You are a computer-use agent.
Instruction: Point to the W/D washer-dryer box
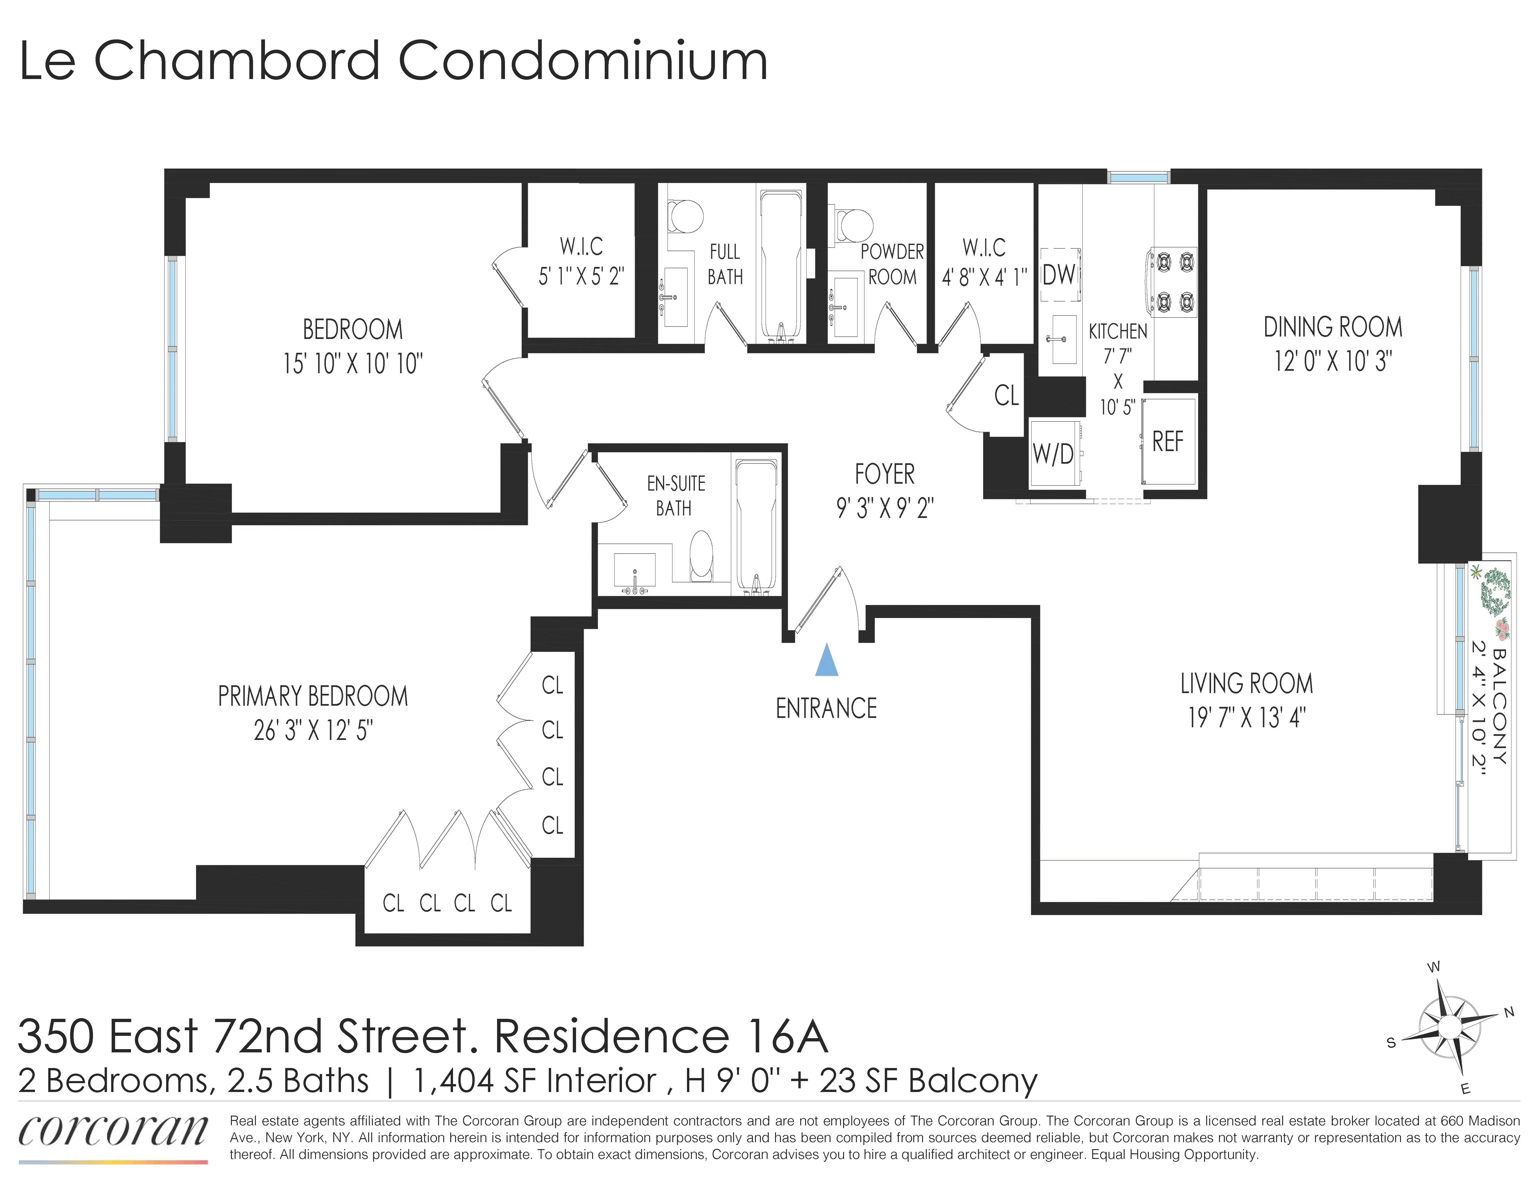coord(1054,454)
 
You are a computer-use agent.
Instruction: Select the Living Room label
coord(1246,683)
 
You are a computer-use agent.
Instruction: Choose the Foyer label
coord(885,474)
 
